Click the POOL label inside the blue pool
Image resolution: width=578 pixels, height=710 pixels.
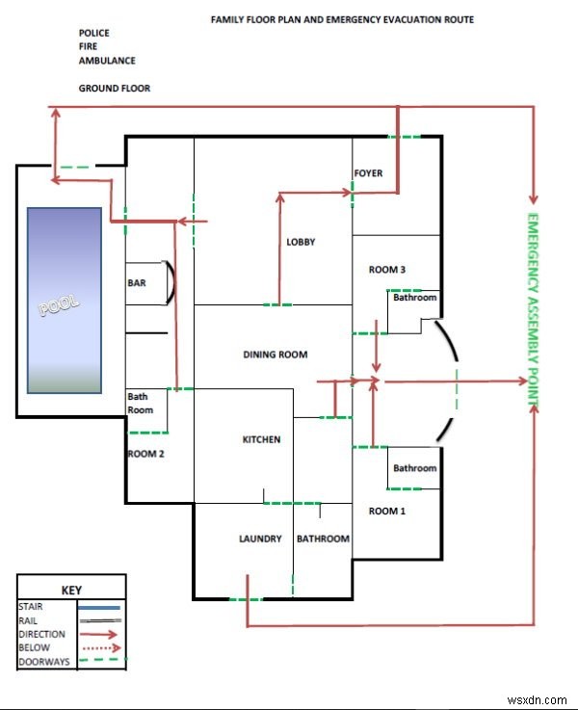pyautogui.click(x=60, y=307)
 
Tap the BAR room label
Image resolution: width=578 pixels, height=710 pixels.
pyautogui.click(x=136, y=283)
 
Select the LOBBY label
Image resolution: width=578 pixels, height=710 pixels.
pyautogui.click(x=301, y=242)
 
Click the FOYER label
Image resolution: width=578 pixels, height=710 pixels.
pyautogui.click(x=368, y=173)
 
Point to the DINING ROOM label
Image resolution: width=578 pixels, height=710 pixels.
pyautogui.click(x=275, y=355)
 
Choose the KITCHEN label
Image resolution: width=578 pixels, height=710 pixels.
pyautogui.click(x=261, y=439)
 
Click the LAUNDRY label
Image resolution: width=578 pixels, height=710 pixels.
pyautogui.click(x=260, y=539)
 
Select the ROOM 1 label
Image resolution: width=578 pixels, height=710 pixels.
pyautogui.click(x=386, y=511)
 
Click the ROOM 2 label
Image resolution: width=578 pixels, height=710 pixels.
pyautogui.click(x=146, y=453)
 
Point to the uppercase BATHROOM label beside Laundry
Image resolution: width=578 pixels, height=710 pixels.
pyautogui.click(x=323, y=539)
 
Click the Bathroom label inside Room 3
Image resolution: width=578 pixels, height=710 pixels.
pyautogui.click(x=414, y=298)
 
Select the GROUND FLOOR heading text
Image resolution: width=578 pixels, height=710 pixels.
pyautogui.click(x=114, y=88)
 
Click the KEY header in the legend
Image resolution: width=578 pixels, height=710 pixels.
pyautogui.click(x=71, y=590)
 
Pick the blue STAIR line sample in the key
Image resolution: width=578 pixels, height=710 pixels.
pyautogui.click(x=99, y=608)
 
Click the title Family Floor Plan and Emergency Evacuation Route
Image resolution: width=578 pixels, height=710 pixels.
pyautogui.click(x=342, y=19)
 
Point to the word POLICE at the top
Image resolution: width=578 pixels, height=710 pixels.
pyautogui.click(x=94, y=33)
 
